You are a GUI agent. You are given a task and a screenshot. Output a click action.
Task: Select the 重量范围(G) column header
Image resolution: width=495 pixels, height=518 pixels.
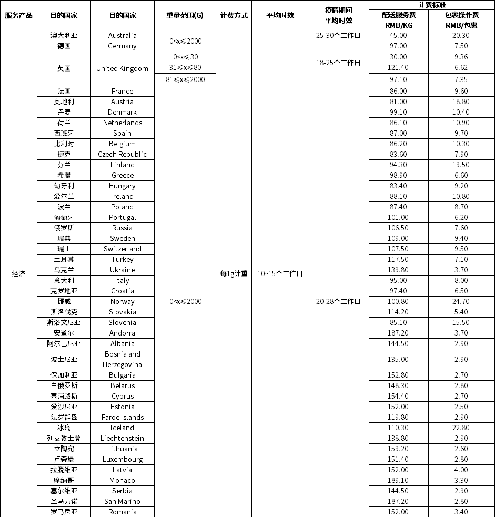(185, 15)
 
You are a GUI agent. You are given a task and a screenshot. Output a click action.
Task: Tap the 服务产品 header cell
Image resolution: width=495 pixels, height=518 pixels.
(18, 15)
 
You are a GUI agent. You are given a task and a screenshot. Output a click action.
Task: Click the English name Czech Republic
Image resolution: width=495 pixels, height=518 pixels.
(122, 154)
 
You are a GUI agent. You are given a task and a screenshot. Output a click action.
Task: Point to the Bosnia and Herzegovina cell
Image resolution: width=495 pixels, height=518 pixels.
(122, 359)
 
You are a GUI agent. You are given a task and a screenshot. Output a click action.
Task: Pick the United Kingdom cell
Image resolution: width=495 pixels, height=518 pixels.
(122, 68)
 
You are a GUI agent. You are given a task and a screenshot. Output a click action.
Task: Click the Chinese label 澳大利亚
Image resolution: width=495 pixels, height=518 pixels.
(64, 35)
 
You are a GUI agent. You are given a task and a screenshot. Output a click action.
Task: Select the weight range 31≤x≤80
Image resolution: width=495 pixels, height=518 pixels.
(186, 67)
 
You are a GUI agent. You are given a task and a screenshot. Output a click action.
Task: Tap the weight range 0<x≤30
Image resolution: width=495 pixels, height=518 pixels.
(186, 57)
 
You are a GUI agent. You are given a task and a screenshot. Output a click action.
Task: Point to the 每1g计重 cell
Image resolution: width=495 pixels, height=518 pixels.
(234, 273)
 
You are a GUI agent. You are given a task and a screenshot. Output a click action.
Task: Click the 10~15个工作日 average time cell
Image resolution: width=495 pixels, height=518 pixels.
(279, 273)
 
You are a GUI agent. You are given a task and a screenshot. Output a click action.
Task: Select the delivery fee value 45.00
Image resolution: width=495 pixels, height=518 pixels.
(398, 35)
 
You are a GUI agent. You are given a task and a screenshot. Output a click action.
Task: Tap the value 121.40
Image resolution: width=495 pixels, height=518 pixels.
(398, 67)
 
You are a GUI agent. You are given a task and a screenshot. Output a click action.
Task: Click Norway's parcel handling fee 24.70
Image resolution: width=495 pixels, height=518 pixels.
(461, 301)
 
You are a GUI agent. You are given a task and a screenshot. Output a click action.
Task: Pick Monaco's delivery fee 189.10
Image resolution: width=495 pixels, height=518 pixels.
(398, 480)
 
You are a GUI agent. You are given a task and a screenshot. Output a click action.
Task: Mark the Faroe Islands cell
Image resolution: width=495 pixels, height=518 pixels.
(122, 417)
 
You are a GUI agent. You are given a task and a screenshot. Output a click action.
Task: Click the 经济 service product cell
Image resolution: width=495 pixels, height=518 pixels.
(18, 273)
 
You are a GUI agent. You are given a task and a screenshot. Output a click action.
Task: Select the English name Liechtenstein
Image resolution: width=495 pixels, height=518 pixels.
(122, 438)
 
